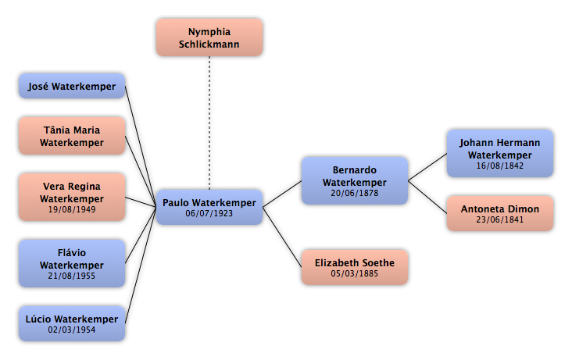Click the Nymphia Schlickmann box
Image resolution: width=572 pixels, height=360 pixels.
tap(209, 37)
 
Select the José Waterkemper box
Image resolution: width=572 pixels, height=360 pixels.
tap(72, 86)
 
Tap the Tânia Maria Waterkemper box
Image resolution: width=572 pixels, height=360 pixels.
tap(72, 136)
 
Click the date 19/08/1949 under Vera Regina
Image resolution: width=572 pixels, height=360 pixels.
tap(72, 209)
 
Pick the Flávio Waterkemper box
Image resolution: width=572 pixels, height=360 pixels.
tap(72, 263)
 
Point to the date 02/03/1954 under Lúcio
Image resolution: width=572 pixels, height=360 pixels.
tap(72, 330)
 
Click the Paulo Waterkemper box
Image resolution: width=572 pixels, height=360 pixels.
tap(209, 207)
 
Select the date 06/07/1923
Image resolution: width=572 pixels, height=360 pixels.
tap(209, 213)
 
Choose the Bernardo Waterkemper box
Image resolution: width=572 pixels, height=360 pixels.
tap(355, 180)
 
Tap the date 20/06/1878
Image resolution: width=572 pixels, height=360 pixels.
tap(355, 193)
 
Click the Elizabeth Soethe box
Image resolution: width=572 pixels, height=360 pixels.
tap(355, 267)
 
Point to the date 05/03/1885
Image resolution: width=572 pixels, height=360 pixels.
tap(355, 273)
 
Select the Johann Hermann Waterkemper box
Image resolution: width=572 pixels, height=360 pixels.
tap(500, 153)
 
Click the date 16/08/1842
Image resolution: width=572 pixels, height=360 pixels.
tap(500, 166)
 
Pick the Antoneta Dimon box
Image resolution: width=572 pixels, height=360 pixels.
tap(500, 213)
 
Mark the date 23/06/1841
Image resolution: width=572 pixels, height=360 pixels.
tap(500, 219)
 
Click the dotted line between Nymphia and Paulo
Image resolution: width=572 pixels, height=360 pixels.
tap(209, 123)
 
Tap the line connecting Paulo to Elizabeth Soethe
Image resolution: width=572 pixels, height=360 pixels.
tap(282, 237)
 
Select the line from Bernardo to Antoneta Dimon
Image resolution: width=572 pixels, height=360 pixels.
tap(427, 197)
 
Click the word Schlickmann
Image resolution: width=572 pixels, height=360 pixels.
tap(209, 45)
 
